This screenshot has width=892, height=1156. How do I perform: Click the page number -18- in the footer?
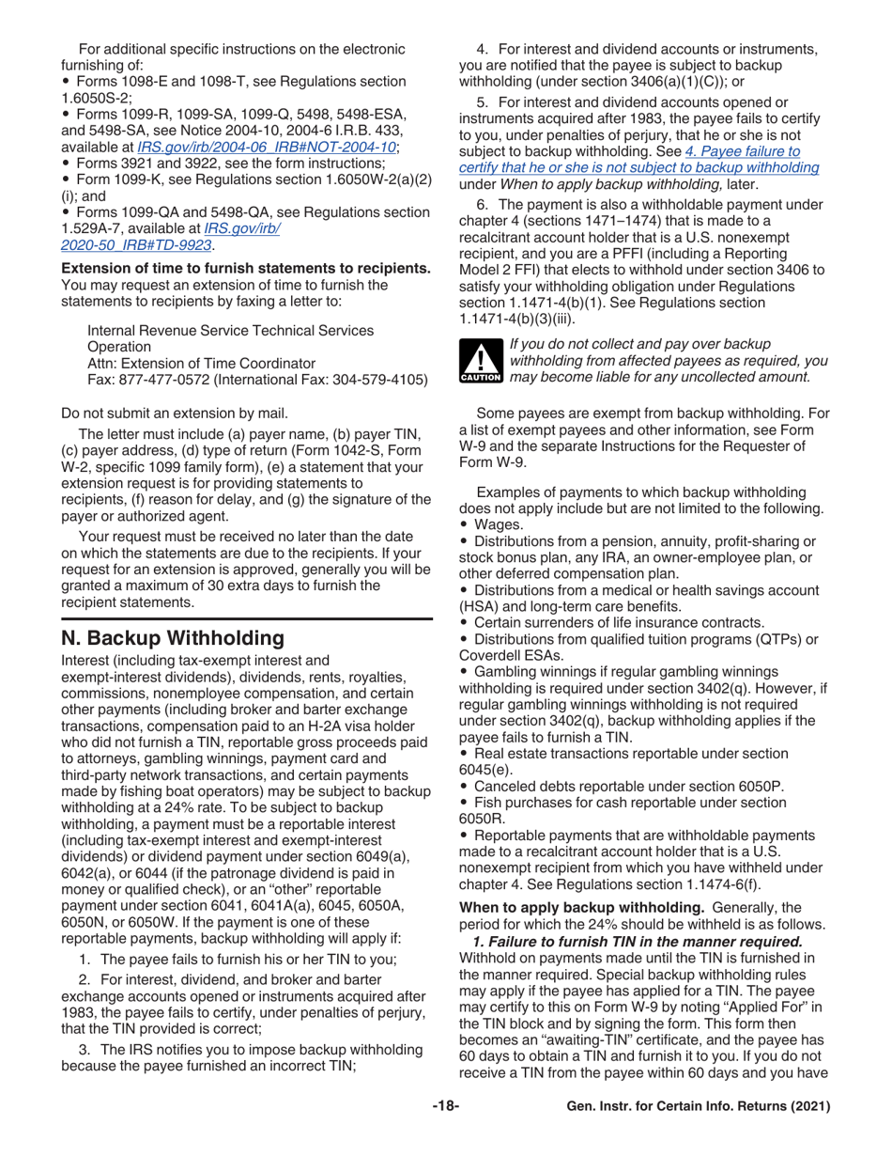[x=445, y=1107]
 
